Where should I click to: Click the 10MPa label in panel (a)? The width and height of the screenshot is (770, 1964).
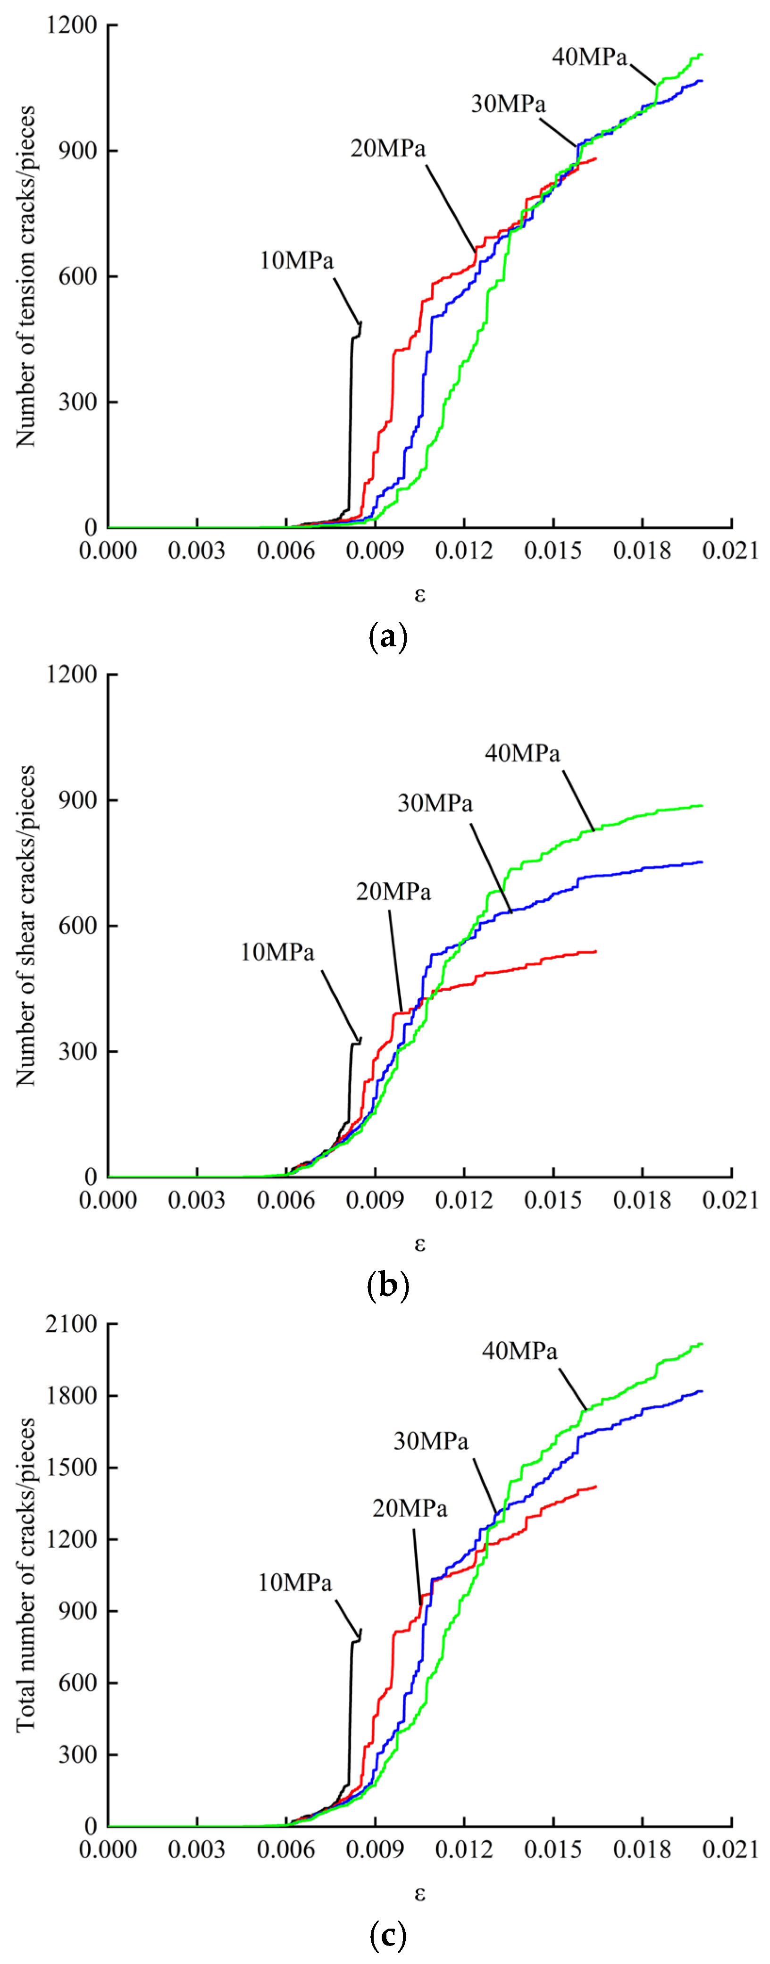pyautogui.click(x=297, y=261)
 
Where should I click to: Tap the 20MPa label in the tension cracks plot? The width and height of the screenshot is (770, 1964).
pyautogui.click(x=388, y=148)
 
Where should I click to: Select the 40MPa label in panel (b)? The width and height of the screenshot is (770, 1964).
pyautogui.click(x=522, y=753)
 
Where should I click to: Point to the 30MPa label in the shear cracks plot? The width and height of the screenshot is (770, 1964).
pyautogui.click(x=435, y=803)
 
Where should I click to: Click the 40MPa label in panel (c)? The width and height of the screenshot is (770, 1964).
pyautogui.click(x=519, y=1351)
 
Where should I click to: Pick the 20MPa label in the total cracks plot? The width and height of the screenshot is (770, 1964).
pyautogui.click(x=410, y=1508)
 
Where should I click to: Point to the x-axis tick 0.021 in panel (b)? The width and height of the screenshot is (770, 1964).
pyautogui.click(x=730, y=1200)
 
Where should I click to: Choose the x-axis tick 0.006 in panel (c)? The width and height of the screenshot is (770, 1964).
pyautogui.click(x=286, y=1850)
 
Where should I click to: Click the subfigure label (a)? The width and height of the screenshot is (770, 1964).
pyautogui.click(x=387, y=636)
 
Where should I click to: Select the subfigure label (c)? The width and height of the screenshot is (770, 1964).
pyautogui.click(x=387, y=1935)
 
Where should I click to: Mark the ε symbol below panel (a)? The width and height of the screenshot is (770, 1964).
pyautogui.click(x=419, y=595)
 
